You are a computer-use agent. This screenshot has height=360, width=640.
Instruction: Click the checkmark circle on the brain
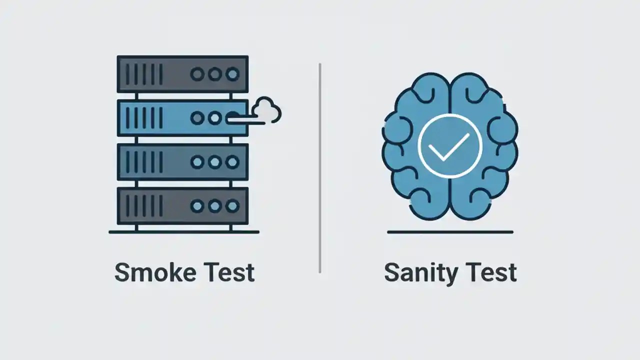pos(449,146)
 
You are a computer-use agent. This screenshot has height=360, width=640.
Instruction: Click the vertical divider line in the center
pos(320,167)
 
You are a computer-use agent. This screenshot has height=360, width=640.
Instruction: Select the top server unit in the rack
pos(182,74)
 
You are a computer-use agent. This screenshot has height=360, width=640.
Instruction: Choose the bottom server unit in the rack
pos(182,205)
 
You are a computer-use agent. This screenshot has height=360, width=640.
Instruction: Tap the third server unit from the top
pos(182,162)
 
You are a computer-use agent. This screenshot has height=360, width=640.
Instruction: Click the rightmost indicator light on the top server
pos(232,74)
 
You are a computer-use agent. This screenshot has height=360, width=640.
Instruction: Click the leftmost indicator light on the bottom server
pos(197,205)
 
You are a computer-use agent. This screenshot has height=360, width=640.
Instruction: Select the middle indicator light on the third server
pos(214,162)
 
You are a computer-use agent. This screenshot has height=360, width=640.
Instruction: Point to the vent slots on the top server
pos(144,74)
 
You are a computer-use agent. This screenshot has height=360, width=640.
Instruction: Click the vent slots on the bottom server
pos(144,205)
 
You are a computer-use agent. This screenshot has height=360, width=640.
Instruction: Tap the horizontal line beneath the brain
pos(450,232)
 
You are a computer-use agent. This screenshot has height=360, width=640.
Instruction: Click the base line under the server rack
pos(183,232)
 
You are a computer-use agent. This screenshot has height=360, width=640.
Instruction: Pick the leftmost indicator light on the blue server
pos(197,118)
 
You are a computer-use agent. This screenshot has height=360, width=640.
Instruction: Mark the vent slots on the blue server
pos(144,118)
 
